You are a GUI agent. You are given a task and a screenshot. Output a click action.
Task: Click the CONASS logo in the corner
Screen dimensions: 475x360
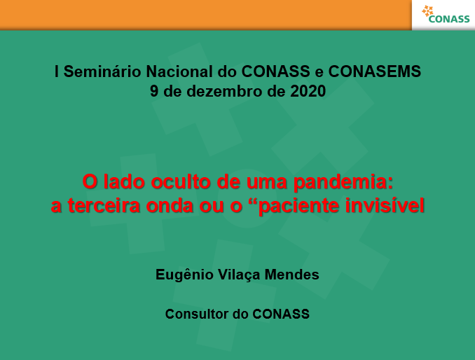(446, 15)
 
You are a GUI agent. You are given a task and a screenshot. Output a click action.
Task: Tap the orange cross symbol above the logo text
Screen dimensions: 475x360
(427, 11)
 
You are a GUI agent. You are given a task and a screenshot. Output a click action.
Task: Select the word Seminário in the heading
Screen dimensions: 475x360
(102, 71)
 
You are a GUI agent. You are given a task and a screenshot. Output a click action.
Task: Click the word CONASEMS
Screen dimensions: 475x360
(375, 71)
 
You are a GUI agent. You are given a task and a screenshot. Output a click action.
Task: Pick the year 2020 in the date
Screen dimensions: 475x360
(308, 91)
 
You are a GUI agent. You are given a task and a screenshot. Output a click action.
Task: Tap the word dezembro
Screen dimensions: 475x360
(224, 91)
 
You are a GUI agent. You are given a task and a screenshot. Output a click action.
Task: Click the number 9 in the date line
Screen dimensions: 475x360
(154, 91)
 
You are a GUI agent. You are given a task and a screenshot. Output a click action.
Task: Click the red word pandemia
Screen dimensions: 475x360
(343, 182)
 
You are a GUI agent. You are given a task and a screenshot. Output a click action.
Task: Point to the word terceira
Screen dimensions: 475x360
(104, 205)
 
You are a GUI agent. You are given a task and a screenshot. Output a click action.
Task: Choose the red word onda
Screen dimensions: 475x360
(170, 205)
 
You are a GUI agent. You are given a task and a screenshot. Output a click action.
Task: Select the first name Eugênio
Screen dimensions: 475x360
(184, 275)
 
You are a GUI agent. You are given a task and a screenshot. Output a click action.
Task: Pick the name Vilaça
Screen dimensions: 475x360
(239, 275)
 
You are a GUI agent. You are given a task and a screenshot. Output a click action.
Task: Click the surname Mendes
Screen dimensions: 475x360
(291, 275)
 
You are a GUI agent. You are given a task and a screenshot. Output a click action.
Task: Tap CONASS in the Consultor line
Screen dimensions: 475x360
(281, 314)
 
